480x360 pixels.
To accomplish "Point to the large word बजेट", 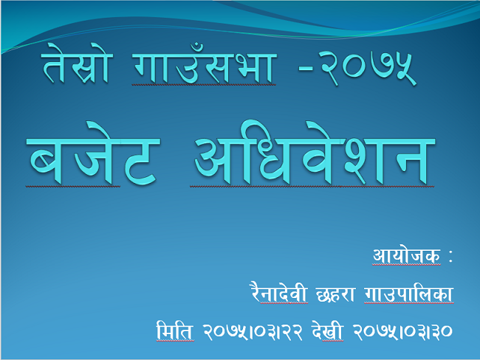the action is (x=93, y=153).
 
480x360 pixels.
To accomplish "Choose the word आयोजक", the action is (x=407, y=255).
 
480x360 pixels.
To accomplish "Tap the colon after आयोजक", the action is (x=450, y=256).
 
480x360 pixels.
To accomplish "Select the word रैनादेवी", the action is (x=278, y=292).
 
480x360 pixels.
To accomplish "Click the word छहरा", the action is (x=335, y=294).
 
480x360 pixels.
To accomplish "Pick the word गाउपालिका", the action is (x=408, y=294).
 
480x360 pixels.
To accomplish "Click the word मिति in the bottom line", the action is (x=175, y=330).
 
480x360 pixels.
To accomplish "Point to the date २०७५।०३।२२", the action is (x=253, y=332).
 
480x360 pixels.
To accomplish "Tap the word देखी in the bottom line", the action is (x=327, y=330).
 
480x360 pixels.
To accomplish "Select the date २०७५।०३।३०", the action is (x=402, y=332).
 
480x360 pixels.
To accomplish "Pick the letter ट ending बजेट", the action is (x=140, y=161).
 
